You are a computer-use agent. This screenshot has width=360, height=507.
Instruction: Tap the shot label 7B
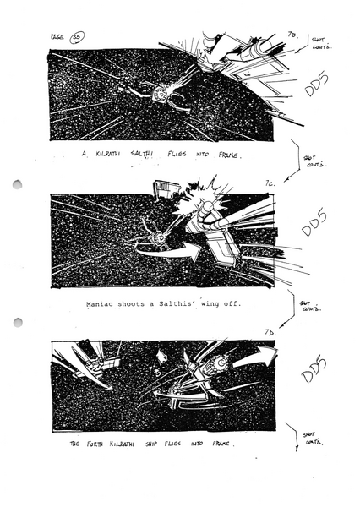coord(292,33)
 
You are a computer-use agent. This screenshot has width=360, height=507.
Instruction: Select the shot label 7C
coord(292,182)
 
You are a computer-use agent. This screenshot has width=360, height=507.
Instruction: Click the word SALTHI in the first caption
coord(161,155)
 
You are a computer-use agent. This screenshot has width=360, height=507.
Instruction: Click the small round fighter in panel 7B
coord(158,89)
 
